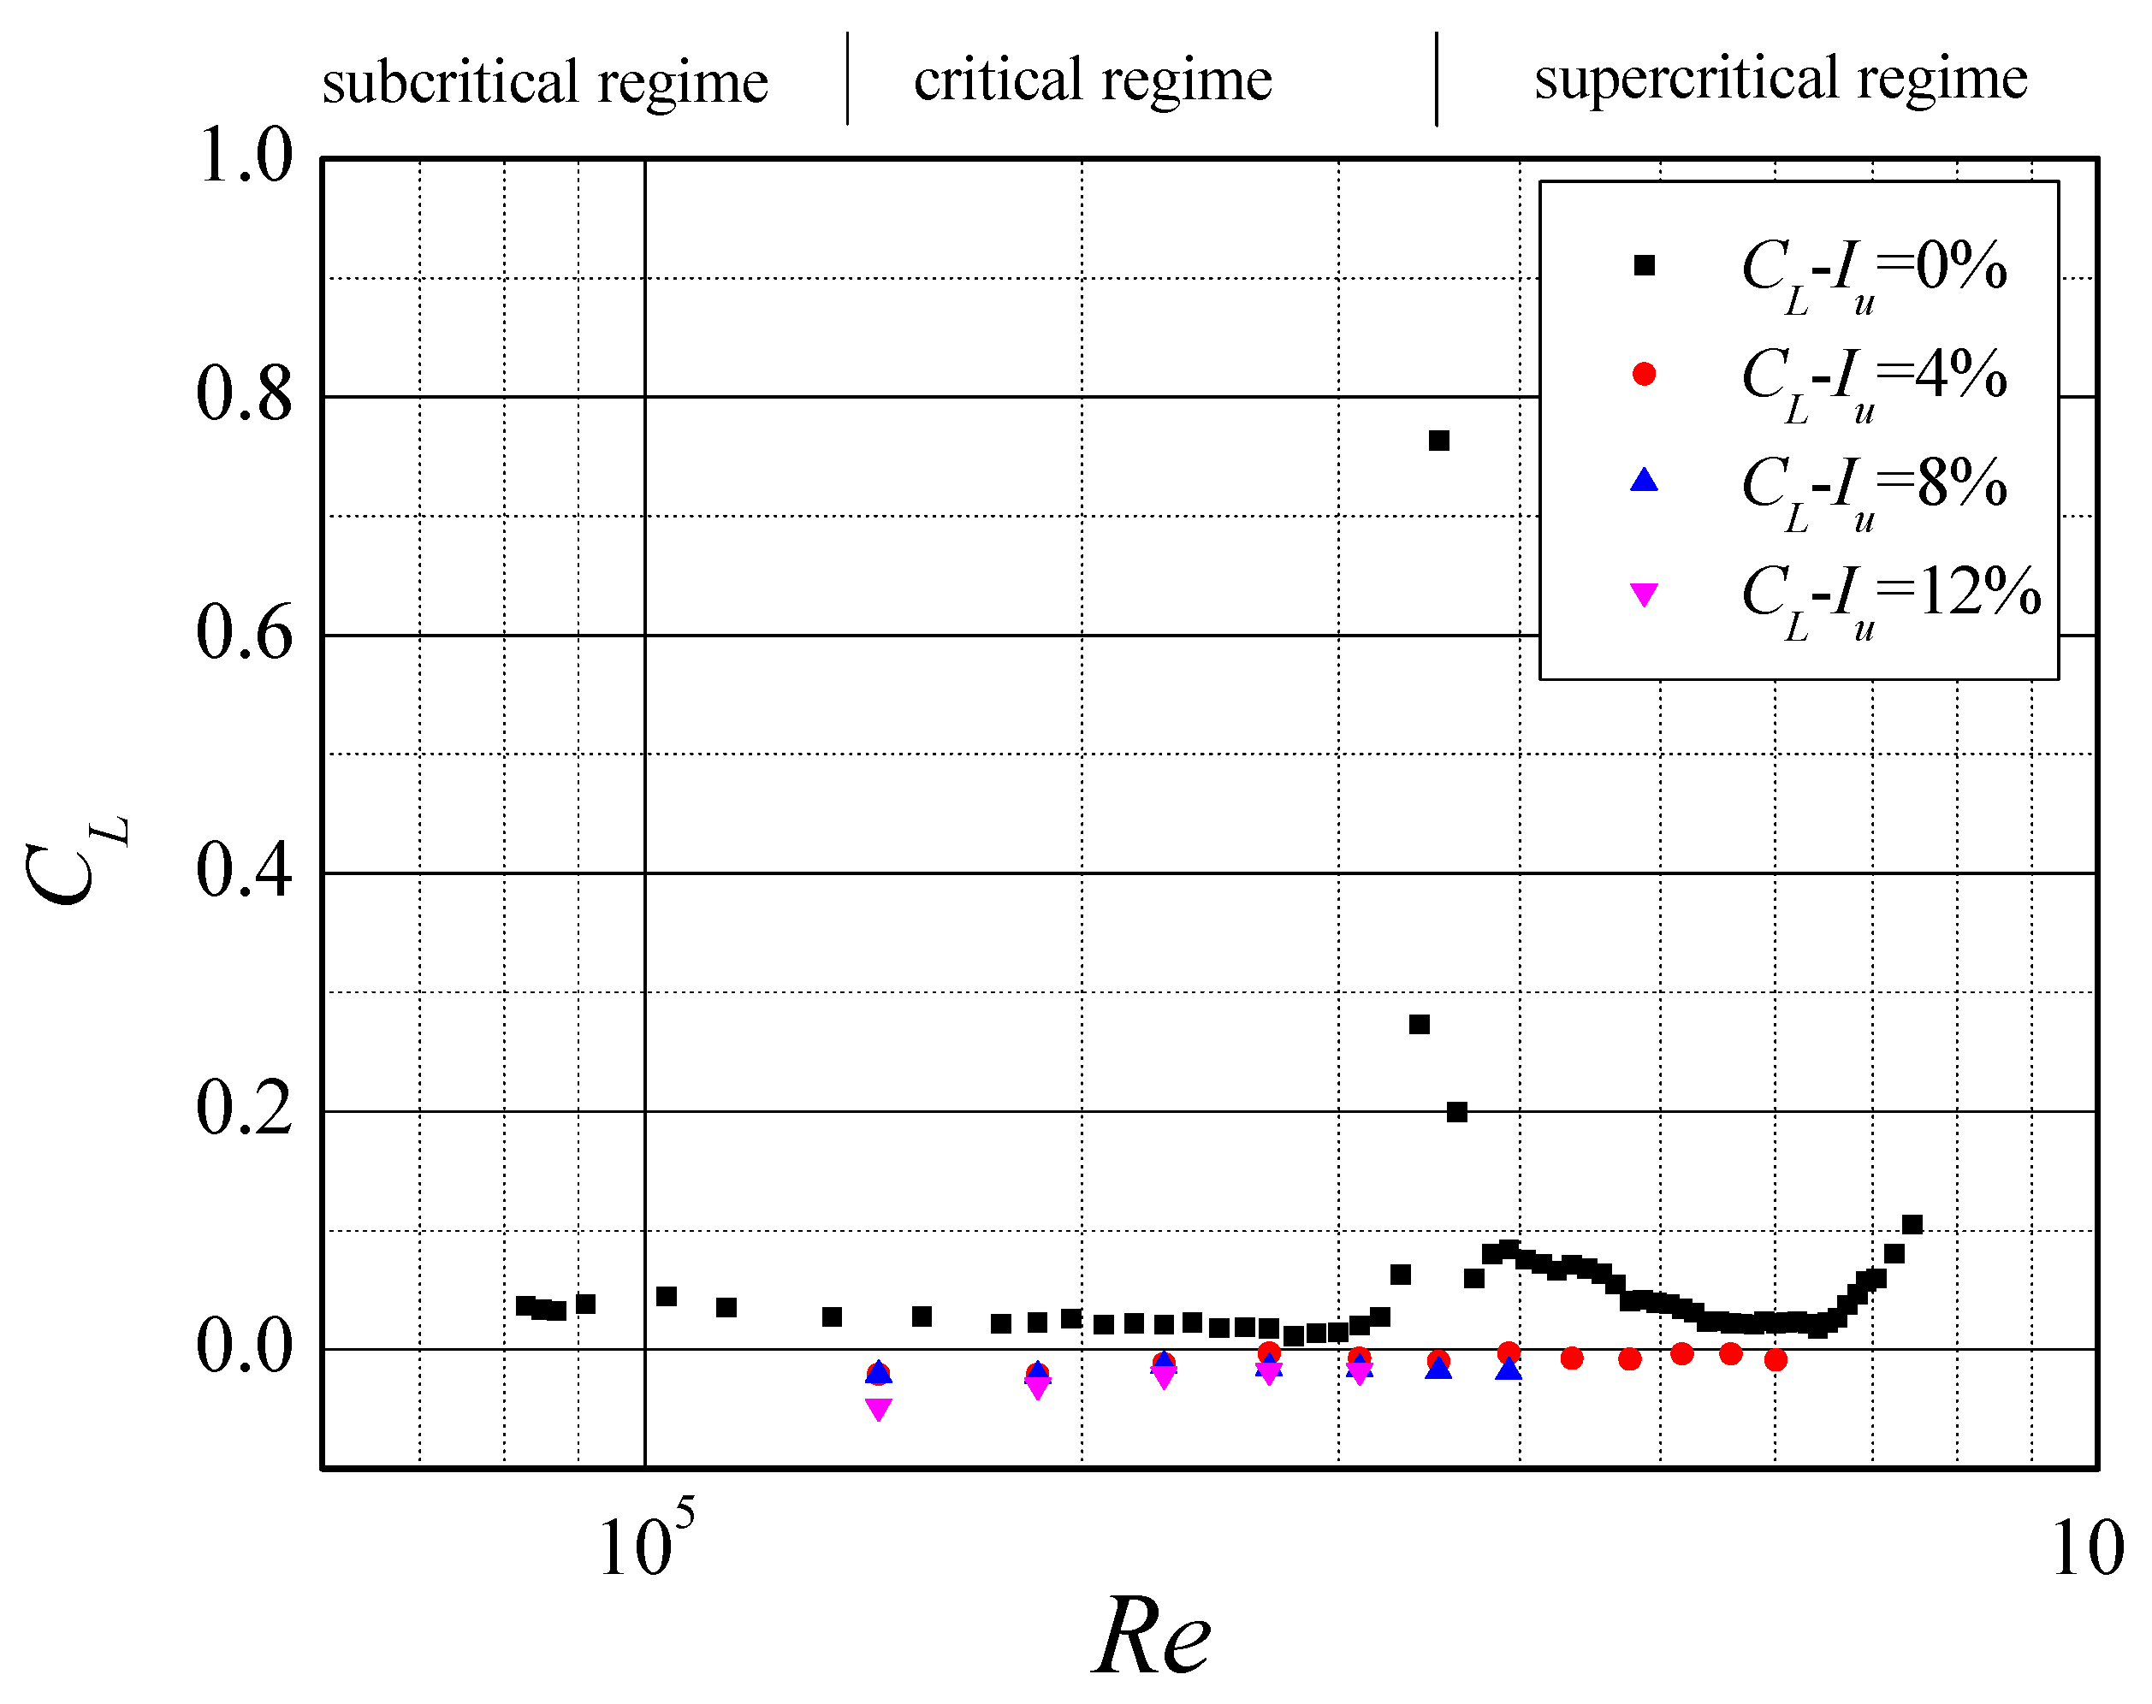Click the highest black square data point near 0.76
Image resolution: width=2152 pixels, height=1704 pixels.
click(1438, 441)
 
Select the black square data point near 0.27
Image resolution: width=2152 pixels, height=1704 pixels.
click(1419, 1025)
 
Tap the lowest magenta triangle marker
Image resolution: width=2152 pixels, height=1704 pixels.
click(878, 1408)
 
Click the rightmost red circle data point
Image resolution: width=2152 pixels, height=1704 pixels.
click(1775, 1360)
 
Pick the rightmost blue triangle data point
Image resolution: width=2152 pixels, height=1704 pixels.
click(1509, 1370)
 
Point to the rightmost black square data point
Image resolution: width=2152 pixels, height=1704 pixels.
click(1912, 1225)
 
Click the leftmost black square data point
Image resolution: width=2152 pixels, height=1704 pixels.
click(525, 1305)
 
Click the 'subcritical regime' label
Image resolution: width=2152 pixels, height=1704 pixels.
click(545, 82)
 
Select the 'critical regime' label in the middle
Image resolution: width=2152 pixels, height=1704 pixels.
click(1093, 80)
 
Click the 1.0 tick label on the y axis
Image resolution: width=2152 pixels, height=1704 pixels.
click(246, 157)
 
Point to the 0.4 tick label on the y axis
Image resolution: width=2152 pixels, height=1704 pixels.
click(245, 871)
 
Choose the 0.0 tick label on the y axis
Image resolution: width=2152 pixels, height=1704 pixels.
click(245, 1346)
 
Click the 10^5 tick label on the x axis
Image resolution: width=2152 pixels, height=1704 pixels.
click(644, 1546)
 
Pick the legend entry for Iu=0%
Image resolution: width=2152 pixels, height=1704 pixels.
click(1874, 269)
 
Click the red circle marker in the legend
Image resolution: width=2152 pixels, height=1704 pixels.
click(1643, 374)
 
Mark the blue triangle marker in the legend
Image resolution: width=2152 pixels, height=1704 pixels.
click(1643, 482)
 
